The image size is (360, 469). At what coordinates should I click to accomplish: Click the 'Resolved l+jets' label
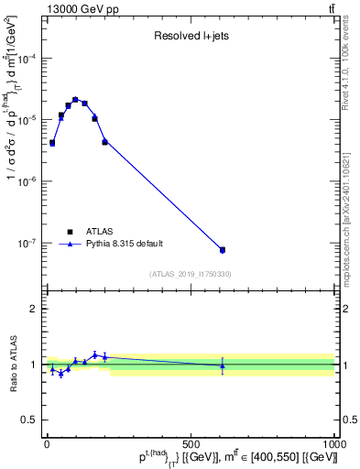click(191, 37)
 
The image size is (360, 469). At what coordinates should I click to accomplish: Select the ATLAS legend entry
click(96, 232)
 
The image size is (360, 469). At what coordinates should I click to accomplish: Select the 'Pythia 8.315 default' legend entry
click(122, 244)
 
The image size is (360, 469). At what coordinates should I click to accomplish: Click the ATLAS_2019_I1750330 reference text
click(191, 274)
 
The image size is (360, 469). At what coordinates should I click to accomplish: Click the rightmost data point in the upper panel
click(222, 250)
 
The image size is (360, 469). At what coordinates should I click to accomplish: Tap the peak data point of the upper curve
click(75, 99)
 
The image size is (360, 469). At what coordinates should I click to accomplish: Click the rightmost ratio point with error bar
click(222, 365)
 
